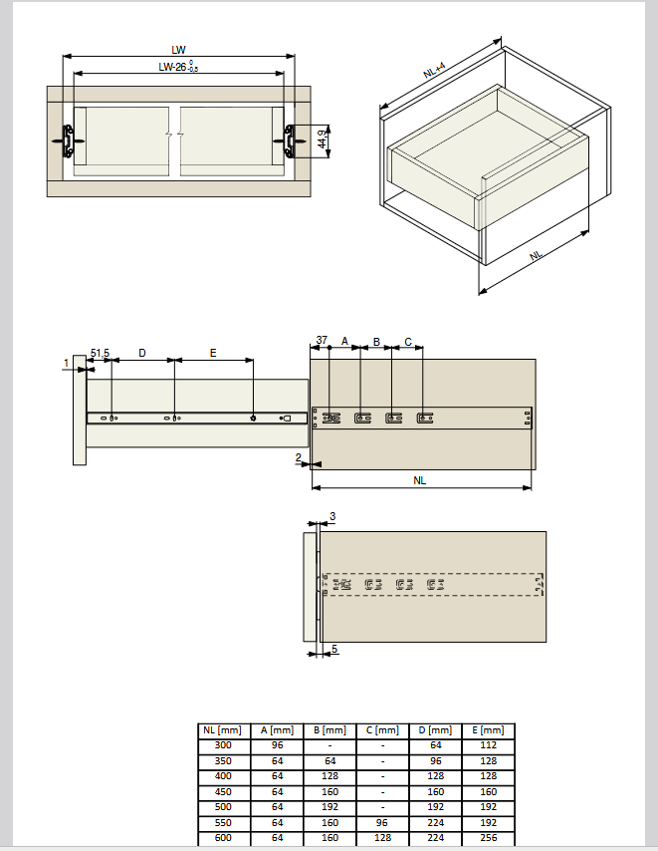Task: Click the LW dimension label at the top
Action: coord(178,50)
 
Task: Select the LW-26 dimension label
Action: coord(178,68)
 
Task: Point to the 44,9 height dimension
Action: coord(323,140)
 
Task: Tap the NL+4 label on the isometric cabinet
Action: coord(434,70)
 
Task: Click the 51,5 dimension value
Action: coord(100,354)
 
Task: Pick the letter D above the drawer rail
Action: coord(142,354)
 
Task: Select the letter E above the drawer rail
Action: coord(213,354)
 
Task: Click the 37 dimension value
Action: coord(322,340)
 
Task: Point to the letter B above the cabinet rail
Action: coord(376,342)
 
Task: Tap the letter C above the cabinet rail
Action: coord(408,342)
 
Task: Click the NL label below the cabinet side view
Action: coord(419,480)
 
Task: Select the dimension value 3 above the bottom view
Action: coord(332,516)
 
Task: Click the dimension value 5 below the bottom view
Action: coord(334,649)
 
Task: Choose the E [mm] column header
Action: coord(488,730)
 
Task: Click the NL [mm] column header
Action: coord(222,730)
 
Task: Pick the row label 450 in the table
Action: coord(223,792)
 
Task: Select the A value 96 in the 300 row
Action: coord(277,745)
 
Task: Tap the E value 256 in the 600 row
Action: coord(489,838)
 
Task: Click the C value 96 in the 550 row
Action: coord(382,823)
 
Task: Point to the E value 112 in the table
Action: coord(489,745)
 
